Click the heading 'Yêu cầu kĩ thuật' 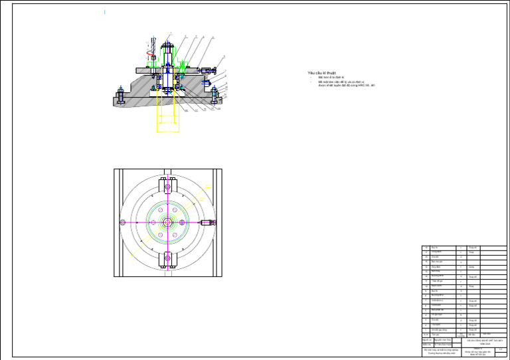click(x=322, y=72)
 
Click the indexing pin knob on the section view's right click(x=211, y=70)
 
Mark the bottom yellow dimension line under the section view click(x=167, y=131)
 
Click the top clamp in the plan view click(x=167, y=186)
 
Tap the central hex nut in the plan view click(x=167, y=222)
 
